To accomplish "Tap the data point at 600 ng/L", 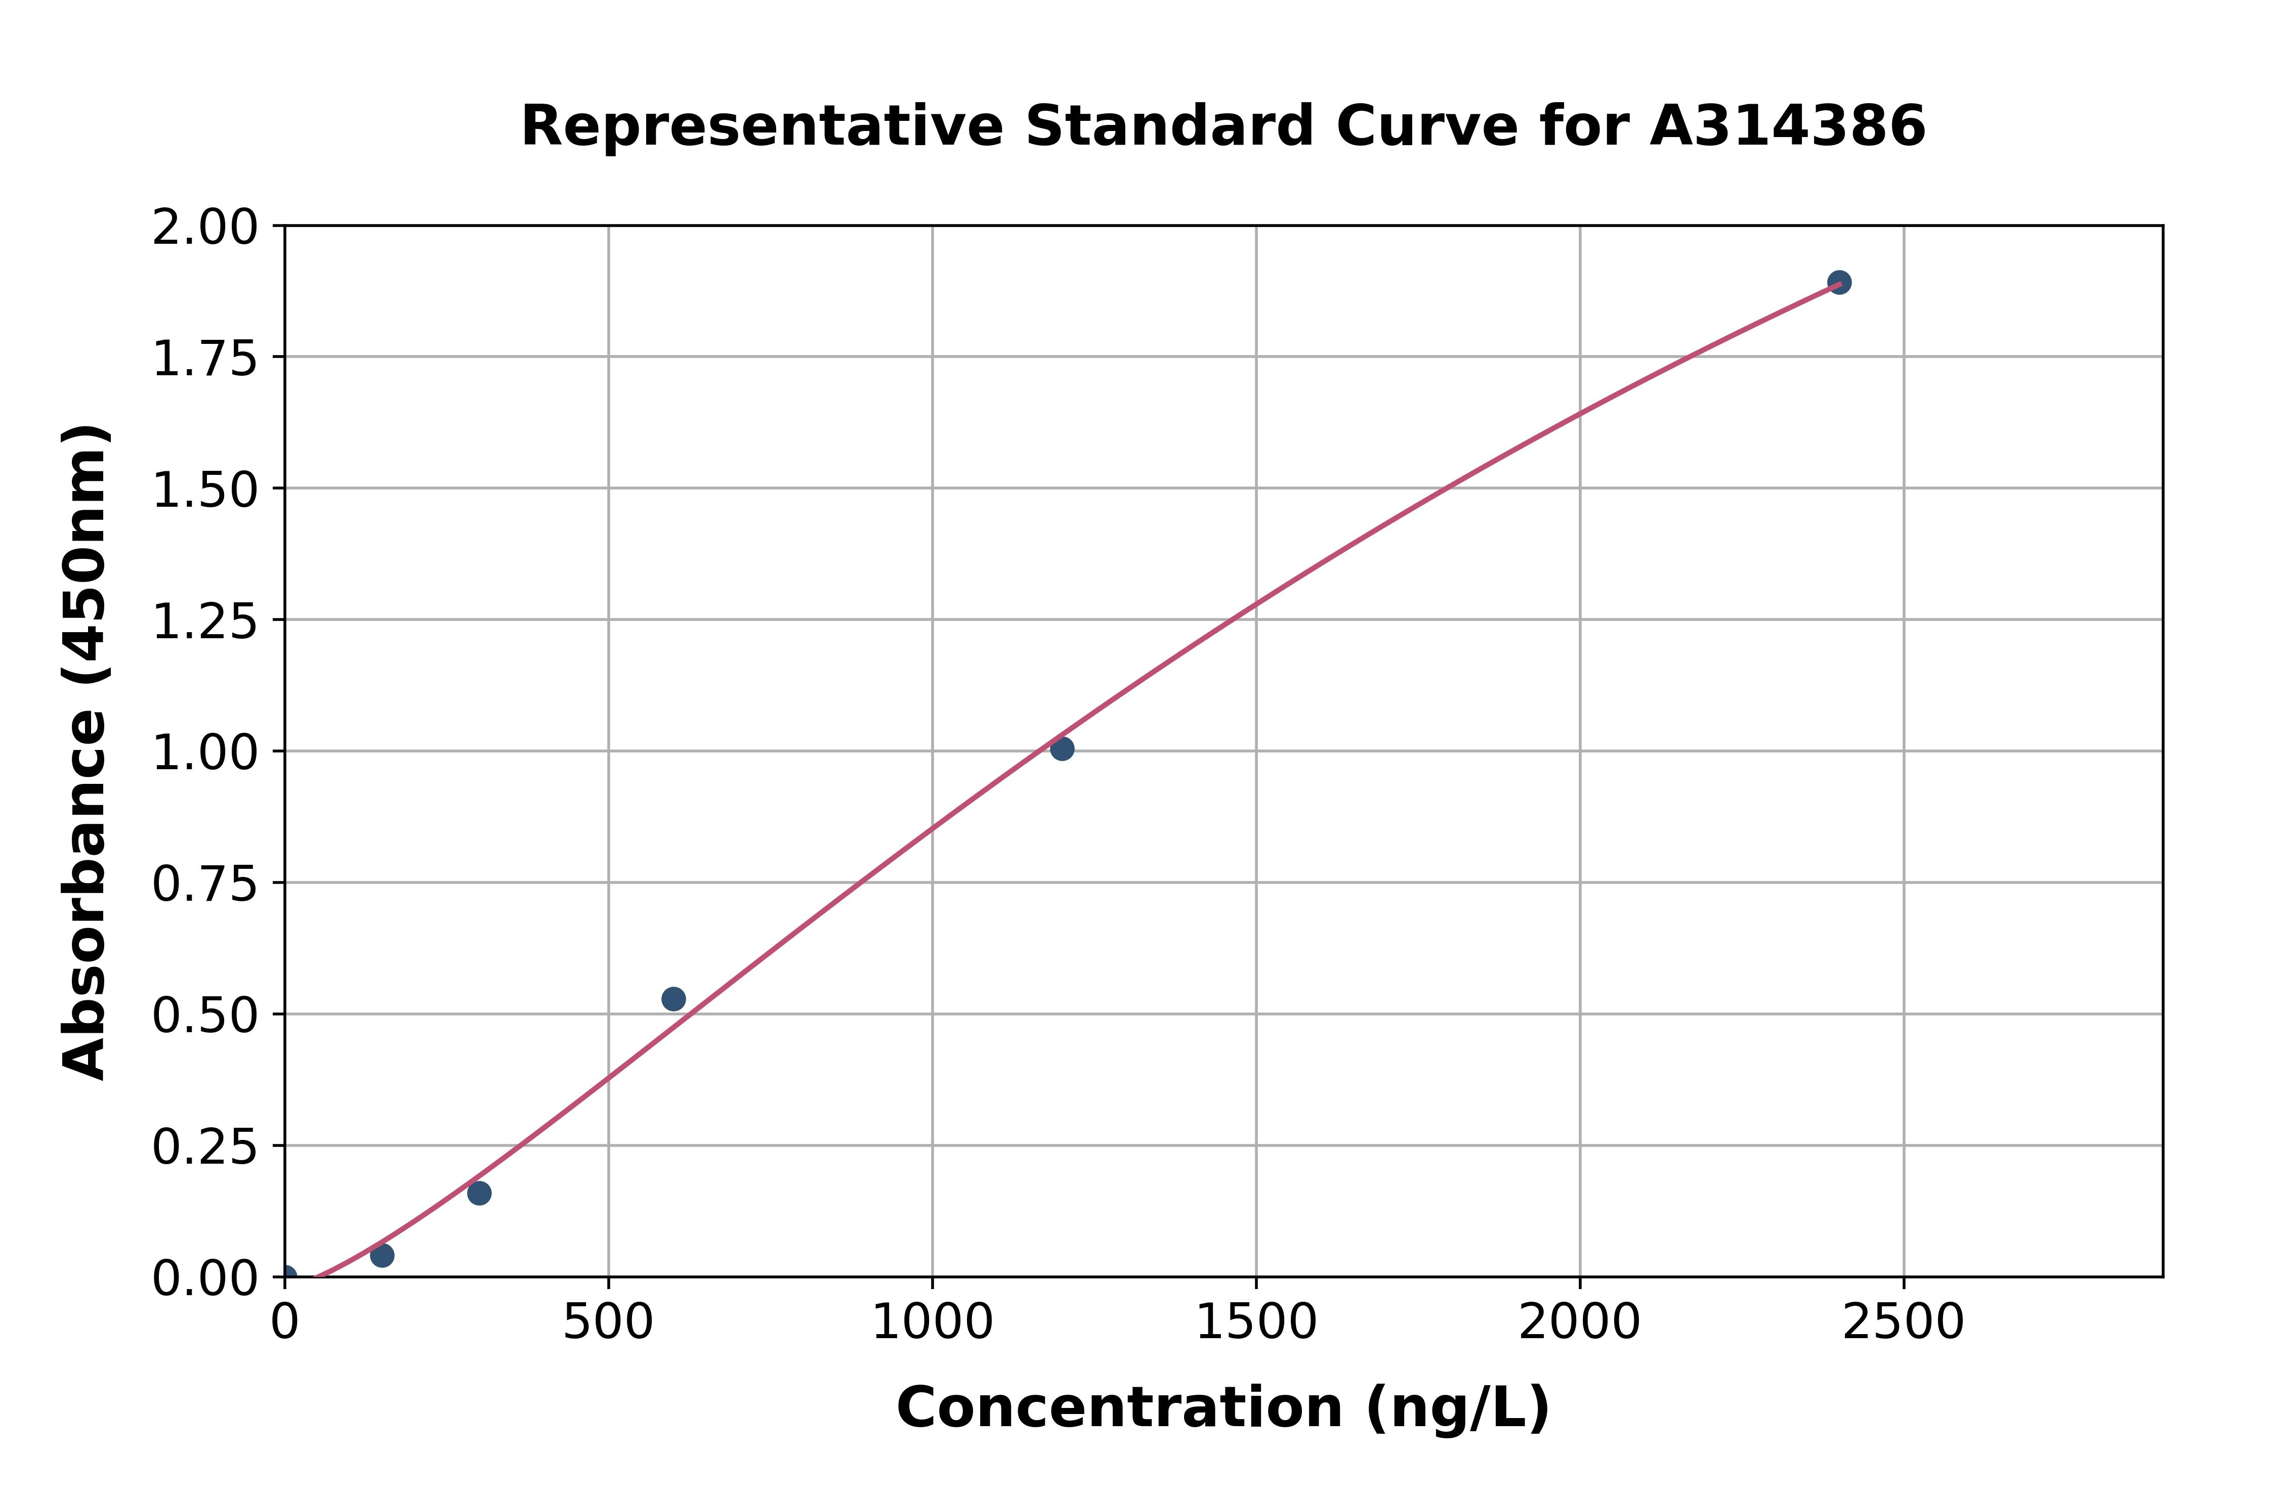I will pos(673,999).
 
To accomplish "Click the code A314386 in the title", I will pos(1787,126).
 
